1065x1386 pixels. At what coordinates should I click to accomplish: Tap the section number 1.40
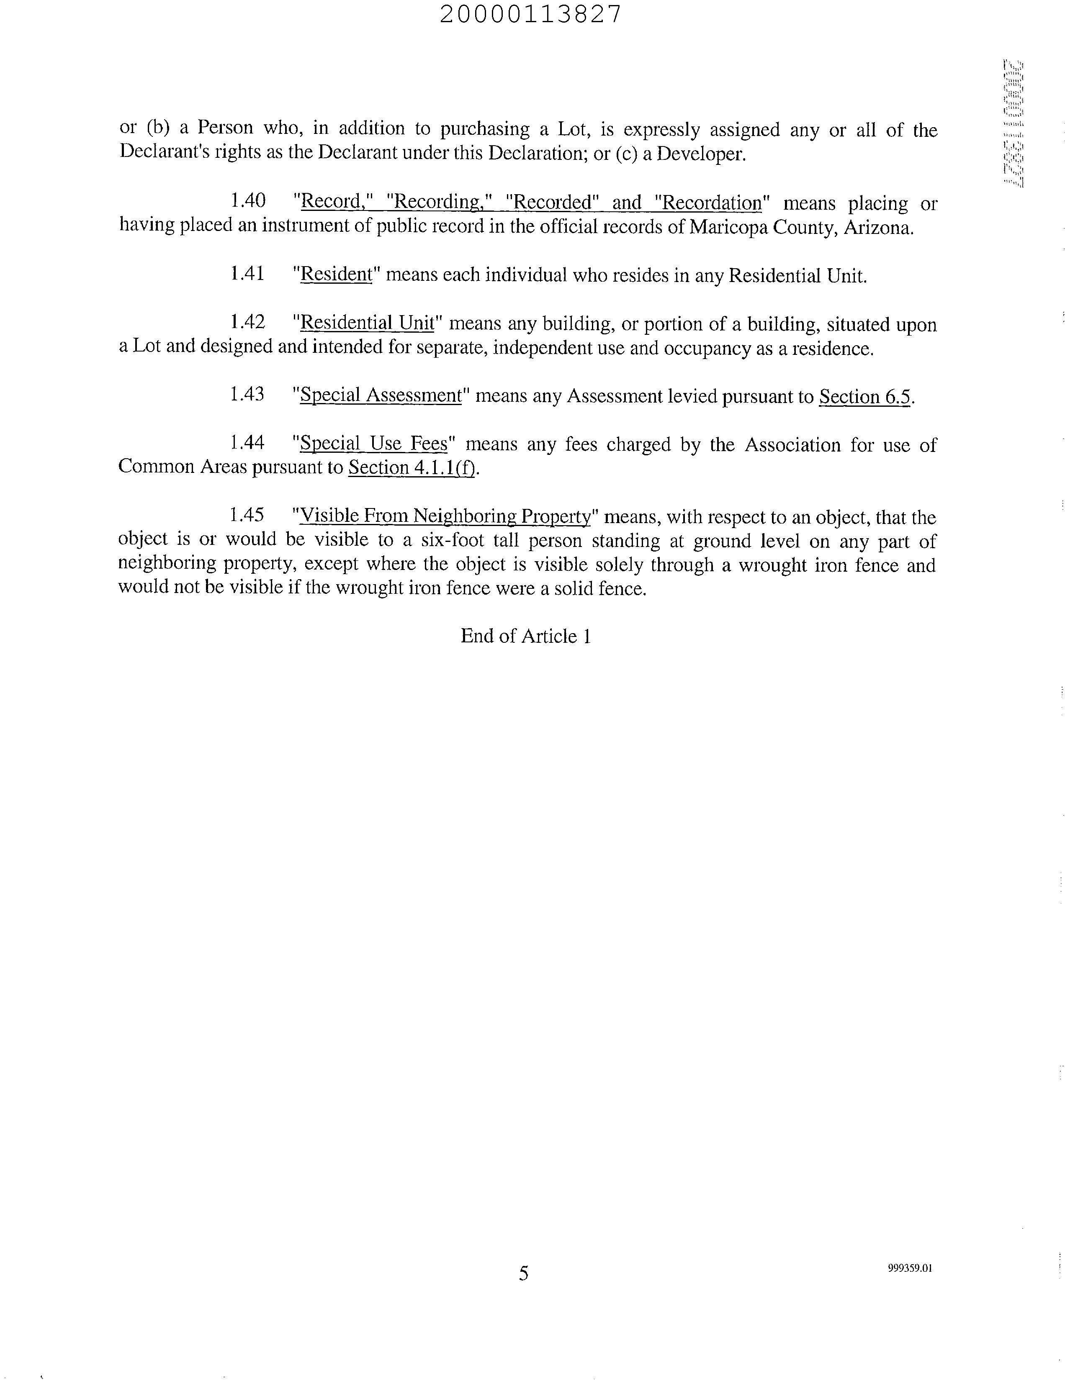(247, 201)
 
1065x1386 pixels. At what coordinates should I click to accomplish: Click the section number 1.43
(247, 394)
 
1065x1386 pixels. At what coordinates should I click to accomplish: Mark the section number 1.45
(247, 515)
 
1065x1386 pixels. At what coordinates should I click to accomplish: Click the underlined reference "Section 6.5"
(864, 397)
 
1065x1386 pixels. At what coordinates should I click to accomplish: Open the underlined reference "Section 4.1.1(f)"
(412, 468)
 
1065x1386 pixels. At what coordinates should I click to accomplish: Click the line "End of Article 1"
(525, 636)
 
